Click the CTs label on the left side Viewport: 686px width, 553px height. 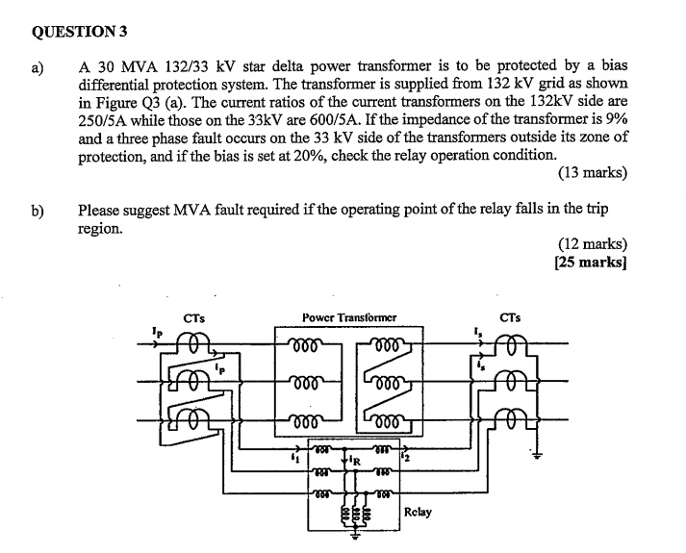[x=193, y=316]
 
